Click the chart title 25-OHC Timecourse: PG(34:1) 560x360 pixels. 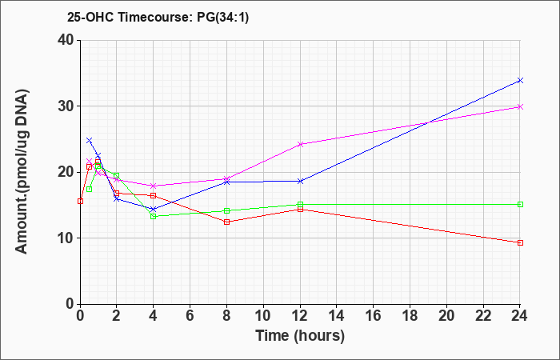tap(158, 17)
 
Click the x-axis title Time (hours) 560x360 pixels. tap(300, 336)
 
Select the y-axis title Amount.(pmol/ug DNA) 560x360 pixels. tap(22, 172)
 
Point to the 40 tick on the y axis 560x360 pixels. tap(66, 40)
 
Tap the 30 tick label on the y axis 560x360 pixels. tap(66, 106)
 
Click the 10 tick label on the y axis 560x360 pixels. tap(66, 238)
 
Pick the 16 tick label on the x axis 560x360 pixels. tap(374, 315)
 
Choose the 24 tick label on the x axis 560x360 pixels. tap(520, 315)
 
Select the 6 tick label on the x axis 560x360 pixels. tap(190, 315)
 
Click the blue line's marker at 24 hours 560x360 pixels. tap(520, 80)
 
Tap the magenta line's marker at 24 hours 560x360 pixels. tap(520, 106)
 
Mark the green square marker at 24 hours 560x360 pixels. tap(520, 204)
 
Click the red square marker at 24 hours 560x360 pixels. tap(520, 243)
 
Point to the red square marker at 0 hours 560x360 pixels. tap(80, 201)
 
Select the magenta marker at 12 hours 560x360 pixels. tap(300, 144)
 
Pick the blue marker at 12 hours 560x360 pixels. tap(300, 181)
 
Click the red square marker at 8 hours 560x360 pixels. tap(226, 222)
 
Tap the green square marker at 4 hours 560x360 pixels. tap(154, 217)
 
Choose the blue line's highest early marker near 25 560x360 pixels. tap(90, 140)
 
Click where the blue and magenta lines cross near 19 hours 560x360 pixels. tap(427, 123)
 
